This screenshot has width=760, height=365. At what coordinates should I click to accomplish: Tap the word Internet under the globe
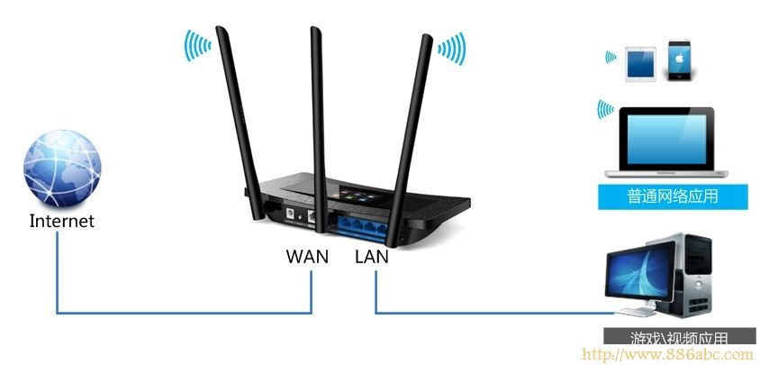pyautogui.click(x=61, y=221)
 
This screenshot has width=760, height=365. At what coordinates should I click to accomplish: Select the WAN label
pyautogui.click(x=307, y=256)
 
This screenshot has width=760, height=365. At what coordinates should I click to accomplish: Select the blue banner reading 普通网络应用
pyautogui.click(x=660, y=196)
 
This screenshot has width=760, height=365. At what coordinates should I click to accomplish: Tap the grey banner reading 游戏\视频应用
pyautogui.click(x=678, y=338)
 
